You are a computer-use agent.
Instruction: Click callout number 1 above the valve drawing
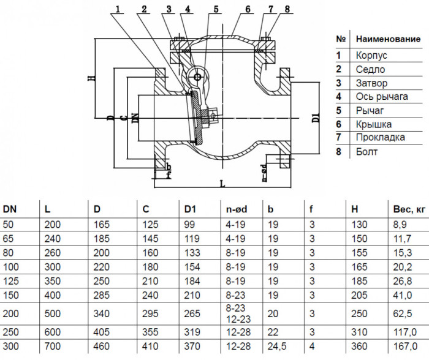coord(118,9)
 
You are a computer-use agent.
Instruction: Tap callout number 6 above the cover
coord(248,9)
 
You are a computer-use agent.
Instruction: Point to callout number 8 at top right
coord(287,9)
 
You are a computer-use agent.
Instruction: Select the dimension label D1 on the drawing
coord(316,118)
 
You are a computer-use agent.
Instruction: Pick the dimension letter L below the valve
coord(222,184)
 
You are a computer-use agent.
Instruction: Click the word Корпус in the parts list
coord(371,56)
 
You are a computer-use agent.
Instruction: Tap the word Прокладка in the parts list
coord(381,137)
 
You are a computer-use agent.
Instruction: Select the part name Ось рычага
coord(382,97)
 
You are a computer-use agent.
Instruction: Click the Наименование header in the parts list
coord(388,39)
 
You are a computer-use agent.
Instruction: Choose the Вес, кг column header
coord(409,209)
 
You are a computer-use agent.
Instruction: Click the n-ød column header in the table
coord(237,209)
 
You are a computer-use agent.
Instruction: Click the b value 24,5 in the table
coord(277,347)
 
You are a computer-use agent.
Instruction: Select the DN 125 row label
coord(10,281)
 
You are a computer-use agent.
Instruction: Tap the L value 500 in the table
coord(52,313)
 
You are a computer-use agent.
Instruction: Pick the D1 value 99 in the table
coord(189,225)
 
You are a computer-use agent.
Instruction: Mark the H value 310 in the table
coord(359,332)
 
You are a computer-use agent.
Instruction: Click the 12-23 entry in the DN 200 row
coord(238,319)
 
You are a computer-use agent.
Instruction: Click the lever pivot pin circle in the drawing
coord(197,77)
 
